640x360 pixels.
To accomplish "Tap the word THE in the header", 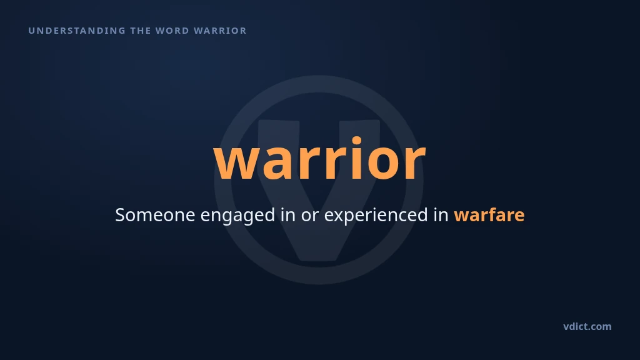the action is pos(140,31).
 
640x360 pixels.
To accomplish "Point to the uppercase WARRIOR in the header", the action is pos(220,31).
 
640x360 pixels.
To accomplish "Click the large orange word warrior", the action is pos(319,158).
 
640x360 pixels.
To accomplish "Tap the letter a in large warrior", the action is pos(275,163).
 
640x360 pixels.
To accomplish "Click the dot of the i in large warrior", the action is pos(357,141).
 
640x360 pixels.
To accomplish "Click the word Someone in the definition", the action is pos(155,215).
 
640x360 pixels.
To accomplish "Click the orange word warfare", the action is pos(489,215).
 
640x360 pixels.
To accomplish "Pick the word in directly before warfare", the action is pos(441,215).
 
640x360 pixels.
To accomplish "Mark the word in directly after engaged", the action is pos(287,215).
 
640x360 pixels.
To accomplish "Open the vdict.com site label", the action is pos(587,326).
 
